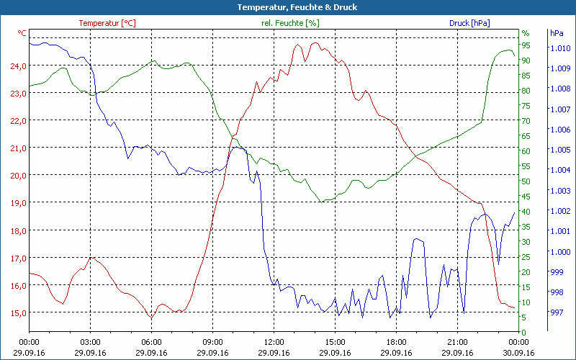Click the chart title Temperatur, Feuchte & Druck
[x=288, y=7]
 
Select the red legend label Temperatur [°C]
[x=107, y=23]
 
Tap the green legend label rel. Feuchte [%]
[x=290, y=23]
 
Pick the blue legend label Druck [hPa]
[x=469, y=23]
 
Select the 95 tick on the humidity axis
[x=526, y=45]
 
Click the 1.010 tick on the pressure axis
[x=560, y=48]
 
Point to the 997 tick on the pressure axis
[x=557, y=313]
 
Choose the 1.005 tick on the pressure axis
[x=560, y=150]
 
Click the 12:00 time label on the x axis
[x=274, y=341]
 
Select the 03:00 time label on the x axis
[x=90, y=341]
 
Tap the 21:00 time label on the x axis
[x=458, y=341]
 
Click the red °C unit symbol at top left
[x=22, y=33]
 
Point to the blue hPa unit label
[x=557, y=33]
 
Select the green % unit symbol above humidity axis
[x=526, y=33]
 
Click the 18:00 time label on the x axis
[x=397, y=341]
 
